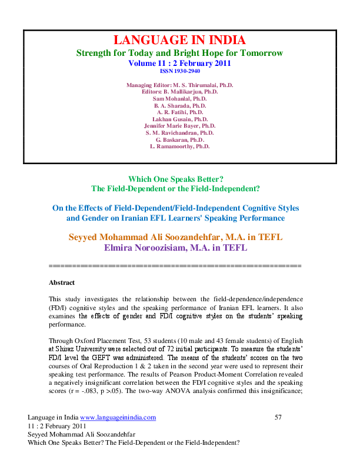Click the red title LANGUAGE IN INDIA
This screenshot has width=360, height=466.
pyautogui.click(x=179, y=40)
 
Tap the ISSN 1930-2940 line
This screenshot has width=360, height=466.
pyautogui.click(x=179, y=70)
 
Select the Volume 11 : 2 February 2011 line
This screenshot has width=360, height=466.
pyautogui.click(x=179, y=62)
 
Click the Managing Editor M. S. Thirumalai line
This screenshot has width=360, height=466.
pyautogui.click(x=179, y=85)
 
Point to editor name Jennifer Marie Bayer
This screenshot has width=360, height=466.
pyautogui.click(x=179, y=126)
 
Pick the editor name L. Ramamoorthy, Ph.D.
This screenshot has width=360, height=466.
pyautogui.click(x=179, y=146)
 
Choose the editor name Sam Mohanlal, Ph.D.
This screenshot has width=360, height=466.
pyautogui.click(x=179, y=99)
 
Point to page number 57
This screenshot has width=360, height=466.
pyautogui.click(x=279, y=434)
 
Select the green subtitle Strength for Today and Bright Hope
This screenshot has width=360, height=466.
pyautogui.click(x=179, y=53)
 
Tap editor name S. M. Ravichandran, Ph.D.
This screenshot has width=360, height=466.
pyautogui.click(x=179, y=133)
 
